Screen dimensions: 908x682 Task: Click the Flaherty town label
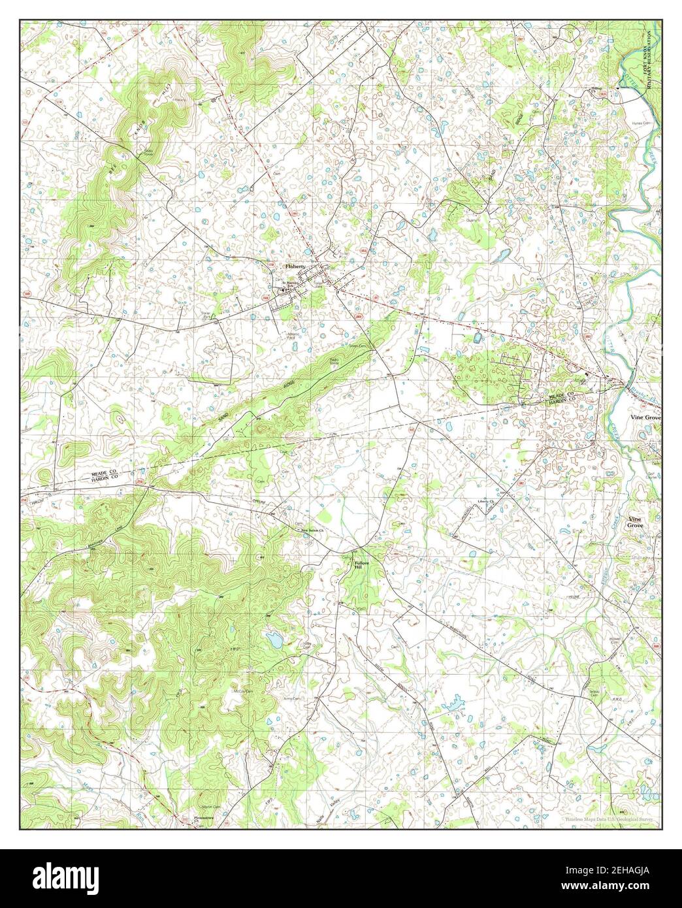295,267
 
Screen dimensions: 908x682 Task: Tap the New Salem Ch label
312,530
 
